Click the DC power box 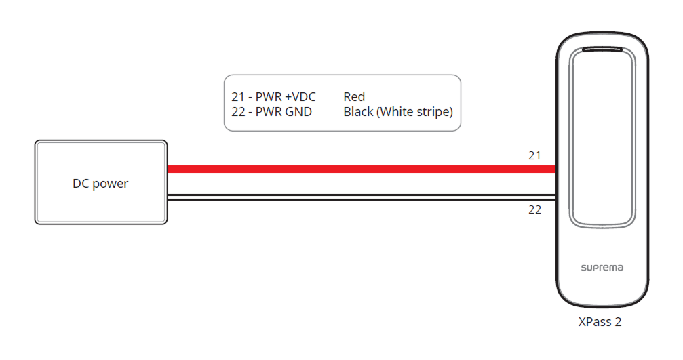pyautogui.click(x=100, y=182)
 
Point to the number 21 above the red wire pyautogui.click(x=534, y=156)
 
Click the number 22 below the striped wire pyautogui.click(x=534, y=210)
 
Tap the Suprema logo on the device pyautogui.click(x=602, y=268)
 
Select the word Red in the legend pyautogui.click(x=354, y=97)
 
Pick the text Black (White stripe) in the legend pyautogui.click(x=398, y=112)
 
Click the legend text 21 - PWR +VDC pyautogui.click(x=273, y=97)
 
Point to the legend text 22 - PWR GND pyautogui.click(x=271, y=112)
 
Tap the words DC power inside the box pyautogui.click(x=100, y=184)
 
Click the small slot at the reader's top pyautogui.click(x=602, y=49)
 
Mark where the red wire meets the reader pyautogui.click(x=555, y=169)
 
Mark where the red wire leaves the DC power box pyautogui.click(x=169, y=169)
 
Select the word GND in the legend pyautogui.click(x=298, y=112)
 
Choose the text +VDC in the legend pyautogui.click(x=300, y=97)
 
